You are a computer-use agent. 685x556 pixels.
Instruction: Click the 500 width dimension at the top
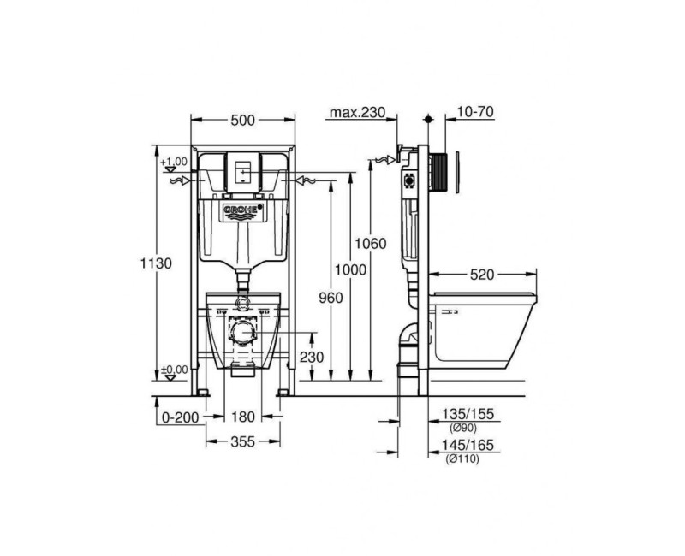[243, 121]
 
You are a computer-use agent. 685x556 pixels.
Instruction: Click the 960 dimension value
[330, 297]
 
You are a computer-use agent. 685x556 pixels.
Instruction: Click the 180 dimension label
[244, 418]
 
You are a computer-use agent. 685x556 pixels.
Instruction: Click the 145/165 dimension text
[469, 446]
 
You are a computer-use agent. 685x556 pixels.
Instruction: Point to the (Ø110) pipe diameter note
[463, 459]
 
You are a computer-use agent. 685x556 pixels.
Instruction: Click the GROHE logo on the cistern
[243, 210]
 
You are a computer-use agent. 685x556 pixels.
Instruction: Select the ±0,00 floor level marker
[174, 371]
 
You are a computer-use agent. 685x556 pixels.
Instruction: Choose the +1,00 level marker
[174, 162]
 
